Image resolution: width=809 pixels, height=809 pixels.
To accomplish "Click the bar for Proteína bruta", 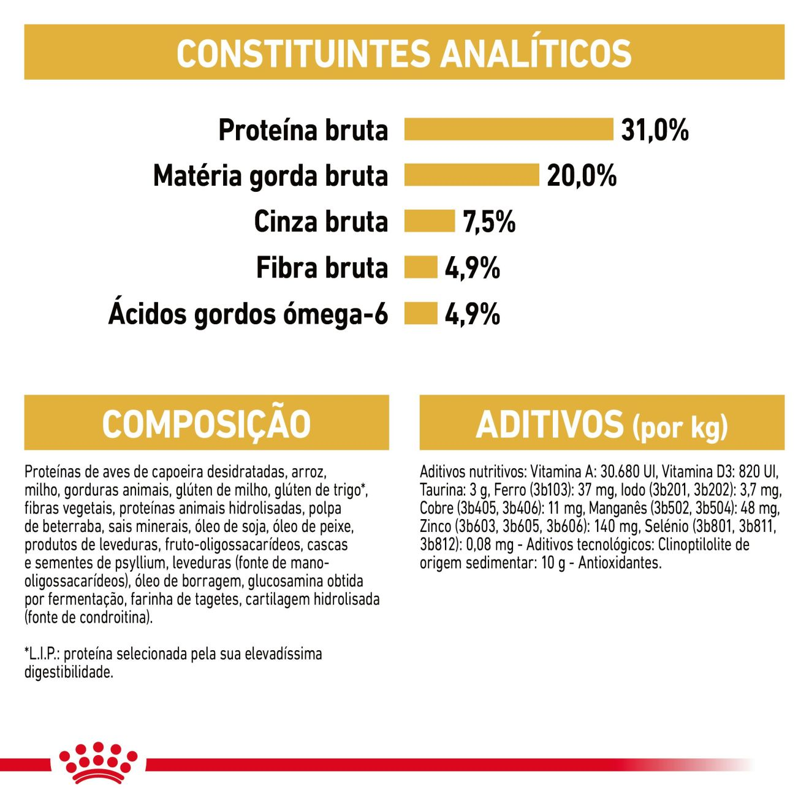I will [x=508, y=129].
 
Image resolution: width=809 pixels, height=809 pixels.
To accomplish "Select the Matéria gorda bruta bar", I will [x=471, y=175].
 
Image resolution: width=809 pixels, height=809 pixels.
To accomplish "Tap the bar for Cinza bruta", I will [x=429, y=221].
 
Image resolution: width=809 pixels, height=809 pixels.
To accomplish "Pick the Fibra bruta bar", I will [x=420, y=267].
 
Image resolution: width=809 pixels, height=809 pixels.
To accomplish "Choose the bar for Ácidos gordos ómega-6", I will [x=420, y=313].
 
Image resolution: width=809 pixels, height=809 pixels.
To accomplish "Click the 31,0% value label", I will [x=655, y=130].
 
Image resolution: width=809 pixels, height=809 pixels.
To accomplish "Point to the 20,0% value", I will [x=581, y=176].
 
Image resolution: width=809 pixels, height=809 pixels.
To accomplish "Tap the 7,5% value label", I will [x=489, y=222].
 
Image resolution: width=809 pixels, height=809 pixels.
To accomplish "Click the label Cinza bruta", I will [x=321, y=222].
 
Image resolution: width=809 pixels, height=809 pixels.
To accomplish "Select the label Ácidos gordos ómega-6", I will [x=248, y=314].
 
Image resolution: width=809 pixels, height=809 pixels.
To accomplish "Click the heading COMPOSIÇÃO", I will [x=207, y=423].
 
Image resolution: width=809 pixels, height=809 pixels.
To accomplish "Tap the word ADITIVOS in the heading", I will [x=549, y=424].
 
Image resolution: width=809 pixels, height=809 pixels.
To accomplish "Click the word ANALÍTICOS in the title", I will [x=536, y=53].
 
